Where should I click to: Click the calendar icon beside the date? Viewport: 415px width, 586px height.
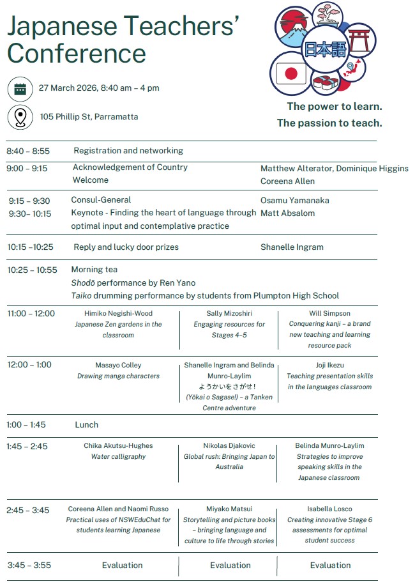coord(20,89)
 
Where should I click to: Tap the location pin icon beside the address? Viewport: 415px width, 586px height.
coord(20,118)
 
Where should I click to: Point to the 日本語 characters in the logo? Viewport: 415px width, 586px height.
coord(322,49)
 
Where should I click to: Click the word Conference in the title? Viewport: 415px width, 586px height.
coord(77,54)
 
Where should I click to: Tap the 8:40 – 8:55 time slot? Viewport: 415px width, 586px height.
coord(28,151)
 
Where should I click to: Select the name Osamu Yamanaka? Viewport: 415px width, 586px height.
coord(295,201)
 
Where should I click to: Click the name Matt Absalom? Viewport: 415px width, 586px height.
coord(287,213)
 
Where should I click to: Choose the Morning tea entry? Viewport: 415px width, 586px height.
coord(94,270)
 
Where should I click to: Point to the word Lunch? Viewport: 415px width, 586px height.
coord(87,425)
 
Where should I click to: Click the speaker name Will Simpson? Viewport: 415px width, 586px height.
coord(329,314)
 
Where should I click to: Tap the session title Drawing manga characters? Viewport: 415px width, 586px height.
coord(118,376)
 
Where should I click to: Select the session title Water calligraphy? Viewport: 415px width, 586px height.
coord(118,457)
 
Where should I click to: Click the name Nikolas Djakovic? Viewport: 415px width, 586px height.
coord(229,446)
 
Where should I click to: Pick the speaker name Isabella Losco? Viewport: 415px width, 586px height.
coord(329,509)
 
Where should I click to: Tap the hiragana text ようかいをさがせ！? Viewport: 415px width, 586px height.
coord(229,387)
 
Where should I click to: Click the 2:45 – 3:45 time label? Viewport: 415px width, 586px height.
coord(28,511)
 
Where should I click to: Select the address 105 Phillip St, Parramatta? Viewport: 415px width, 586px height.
coord(89,117)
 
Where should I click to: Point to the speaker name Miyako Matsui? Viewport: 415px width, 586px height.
coord(229,509)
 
